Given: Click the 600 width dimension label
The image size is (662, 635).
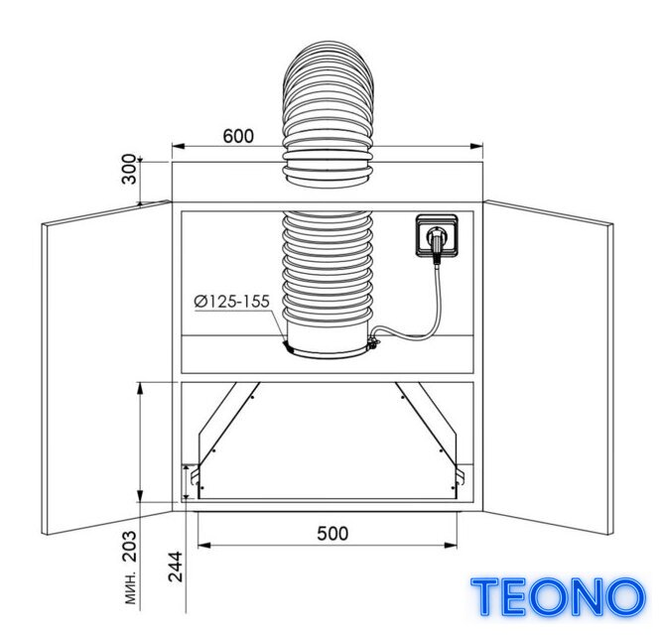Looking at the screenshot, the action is click(x=238, y=136).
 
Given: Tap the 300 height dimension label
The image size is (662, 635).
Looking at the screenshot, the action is click(x=130, y=170).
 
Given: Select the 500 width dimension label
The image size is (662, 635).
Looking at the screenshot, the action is click(x=332, y=534).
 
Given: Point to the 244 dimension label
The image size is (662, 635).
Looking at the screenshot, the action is click(x=175, y=567).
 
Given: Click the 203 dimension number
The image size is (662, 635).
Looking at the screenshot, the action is click(x=130, y=546).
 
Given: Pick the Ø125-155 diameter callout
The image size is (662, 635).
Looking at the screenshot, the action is click(x=232, y=302).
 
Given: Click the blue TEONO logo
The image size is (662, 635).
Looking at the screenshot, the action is click(x=558, y=596).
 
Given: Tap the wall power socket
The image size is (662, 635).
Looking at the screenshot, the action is click(x=437, y=235).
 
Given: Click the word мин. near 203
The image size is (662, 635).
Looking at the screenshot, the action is click(x=131, y=588).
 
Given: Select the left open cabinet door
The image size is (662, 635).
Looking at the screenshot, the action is click(x=107, y=368).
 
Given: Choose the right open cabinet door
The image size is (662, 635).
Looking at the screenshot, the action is click(x=548, y=368).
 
